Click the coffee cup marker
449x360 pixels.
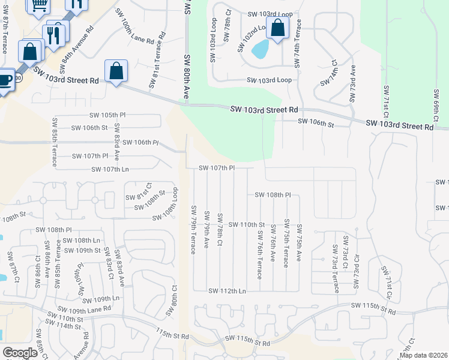(x=4, y=80)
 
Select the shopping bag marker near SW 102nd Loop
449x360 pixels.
(x=277, y=28)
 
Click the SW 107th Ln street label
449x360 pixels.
(x=110, y=169)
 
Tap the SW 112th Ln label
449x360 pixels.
(x=228, y=291)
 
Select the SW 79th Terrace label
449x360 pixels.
(x=193, y=230)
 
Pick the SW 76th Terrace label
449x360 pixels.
(x=260, y=254)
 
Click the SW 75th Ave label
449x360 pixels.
(x=299, y=243)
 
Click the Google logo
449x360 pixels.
(x=20, y=353)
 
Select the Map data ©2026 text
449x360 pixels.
(x=423, y=355)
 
